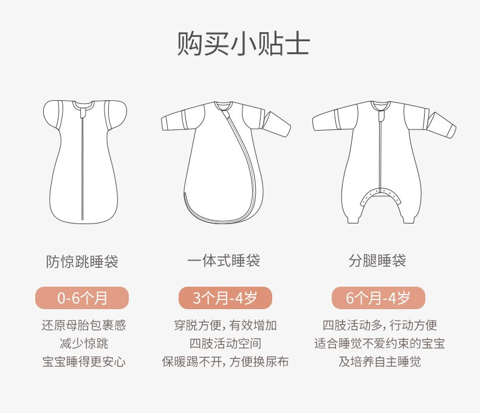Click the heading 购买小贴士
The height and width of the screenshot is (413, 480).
tap(244, 44)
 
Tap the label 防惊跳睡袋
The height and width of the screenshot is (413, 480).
tap(83, 262)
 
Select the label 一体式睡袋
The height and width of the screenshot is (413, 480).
tap(224, 261)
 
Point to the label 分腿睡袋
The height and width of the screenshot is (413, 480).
tap(377, 261)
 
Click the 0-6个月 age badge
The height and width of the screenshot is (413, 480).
tap(82, 298)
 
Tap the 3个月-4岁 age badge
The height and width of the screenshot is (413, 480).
tap(225, 298)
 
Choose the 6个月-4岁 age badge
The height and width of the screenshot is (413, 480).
tap(379, 298)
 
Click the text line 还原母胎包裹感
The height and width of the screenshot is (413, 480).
tap(84, 325)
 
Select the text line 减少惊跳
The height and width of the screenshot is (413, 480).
tap(84, 344)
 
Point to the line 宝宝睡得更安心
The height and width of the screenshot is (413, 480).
tap(84, 362)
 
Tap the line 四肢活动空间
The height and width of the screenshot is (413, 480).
tap(225, 344)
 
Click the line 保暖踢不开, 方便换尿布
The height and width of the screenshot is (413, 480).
tap(225, 362)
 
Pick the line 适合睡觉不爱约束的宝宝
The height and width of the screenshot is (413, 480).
tap(379, 344)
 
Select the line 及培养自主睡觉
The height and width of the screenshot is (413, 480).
tap(379, 362)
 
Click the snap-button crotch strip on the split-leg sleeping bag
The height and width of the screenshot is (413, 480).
tap(381, 194)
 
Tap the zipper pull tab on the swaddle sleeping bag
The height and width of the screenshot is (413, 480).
tap(83, 113)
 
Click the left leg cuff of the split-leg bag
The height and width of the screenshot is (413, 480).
tap(353, 219)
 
